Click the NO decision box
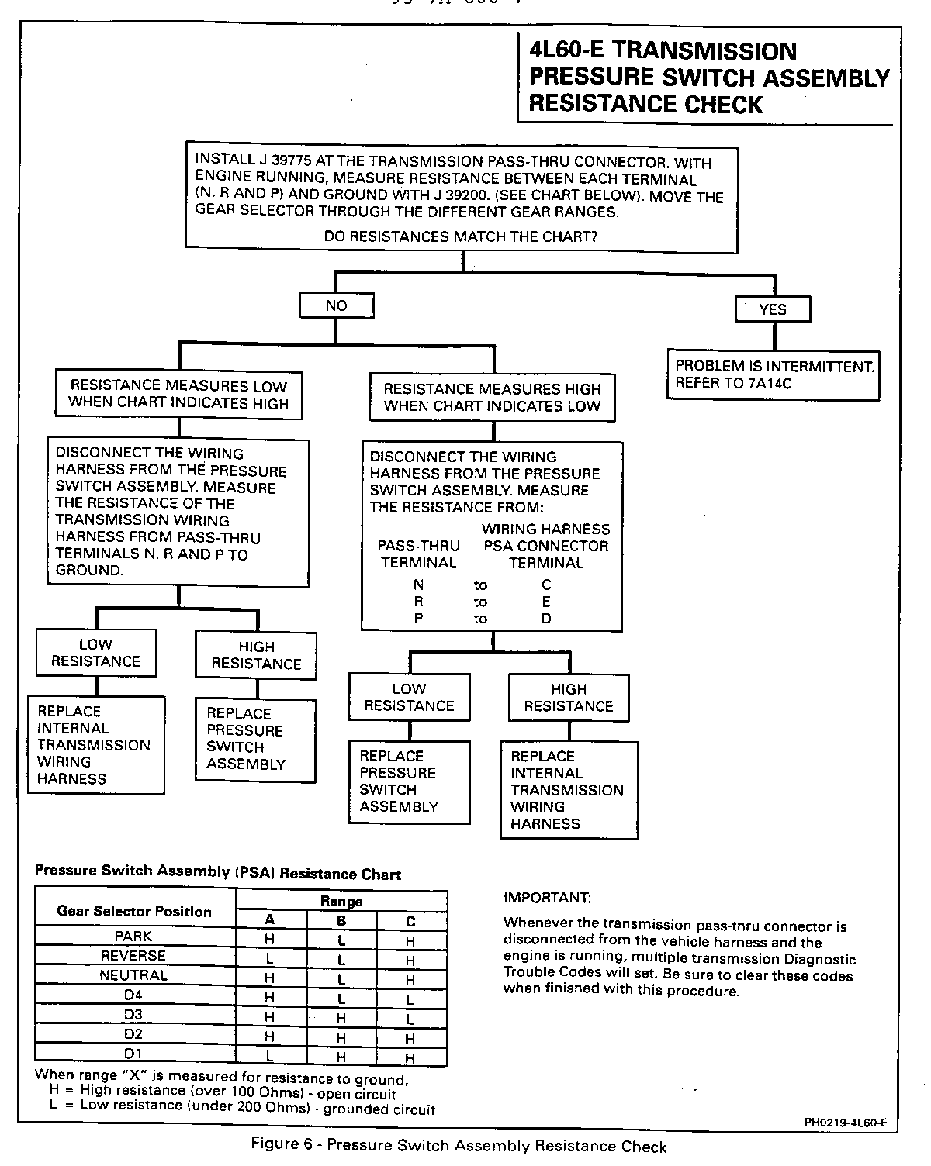(336, 305)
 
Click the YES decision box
(772, 309)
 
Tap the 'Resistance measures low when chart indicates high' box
(178, 395)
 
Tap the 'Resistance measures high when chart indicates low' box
(492, 398)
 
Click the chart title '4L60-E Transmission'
(662, 52)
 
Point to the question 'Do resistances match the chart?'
(461, 236)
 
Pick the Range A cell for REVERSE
(270, 959)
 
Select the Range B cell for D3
(341, 1019)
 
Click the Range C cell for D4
(410, 1000)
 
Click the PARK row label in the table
(133, 937)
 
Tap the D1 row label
(133, 1054)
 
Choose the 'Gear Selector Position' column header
(134, 912)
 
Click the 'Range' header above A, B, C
(341, 902)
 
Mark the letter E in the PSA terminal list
(546, 602)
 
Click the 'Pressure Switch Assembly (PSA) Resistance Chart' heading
(218, 872)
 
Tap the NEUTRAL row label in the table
(133, 975)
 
